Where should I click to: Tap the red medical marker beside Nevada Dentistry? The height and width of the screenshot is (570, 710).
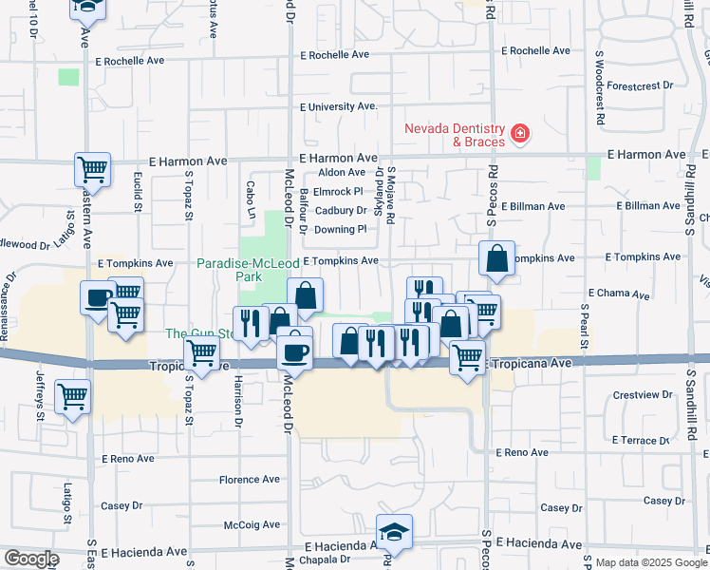519,134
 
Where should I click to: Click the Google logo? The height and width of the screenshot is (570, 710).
31,560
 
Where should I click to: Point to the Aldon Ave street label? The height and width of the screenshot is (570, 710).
342,172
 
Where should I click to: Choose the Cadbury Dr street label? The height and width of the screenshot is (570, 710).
341,210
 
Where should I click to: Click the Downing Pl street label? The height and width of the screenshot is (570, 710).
340,229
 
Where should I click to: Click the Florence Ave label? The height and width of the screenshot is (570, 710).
250,480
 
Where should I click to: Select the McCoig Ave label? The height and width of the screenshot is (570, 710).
252,524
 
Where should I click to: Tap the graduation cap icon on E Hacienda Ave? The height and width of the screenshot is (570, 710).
393,532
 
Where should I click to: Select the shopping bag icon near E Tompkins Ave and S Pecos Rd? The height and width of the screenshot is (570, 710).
497,258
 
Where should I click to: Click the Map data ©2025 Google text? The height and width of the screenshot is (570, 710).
645,562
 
